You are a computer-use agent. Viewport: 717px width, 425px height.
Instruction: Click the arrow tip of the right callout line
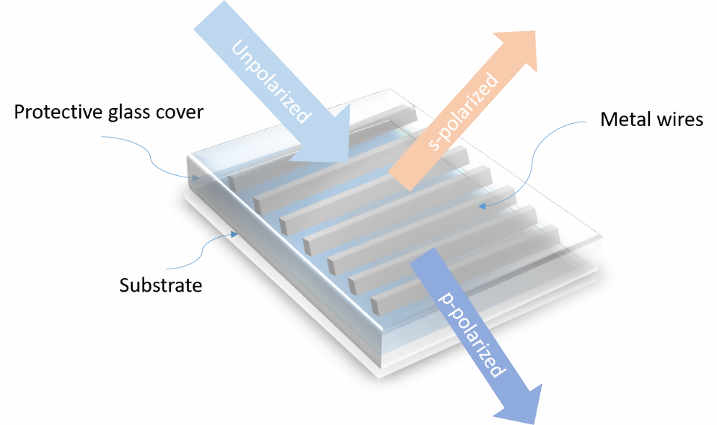480,206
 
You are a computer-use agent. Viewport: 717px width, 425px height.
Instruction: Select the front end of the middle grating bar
308,245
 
